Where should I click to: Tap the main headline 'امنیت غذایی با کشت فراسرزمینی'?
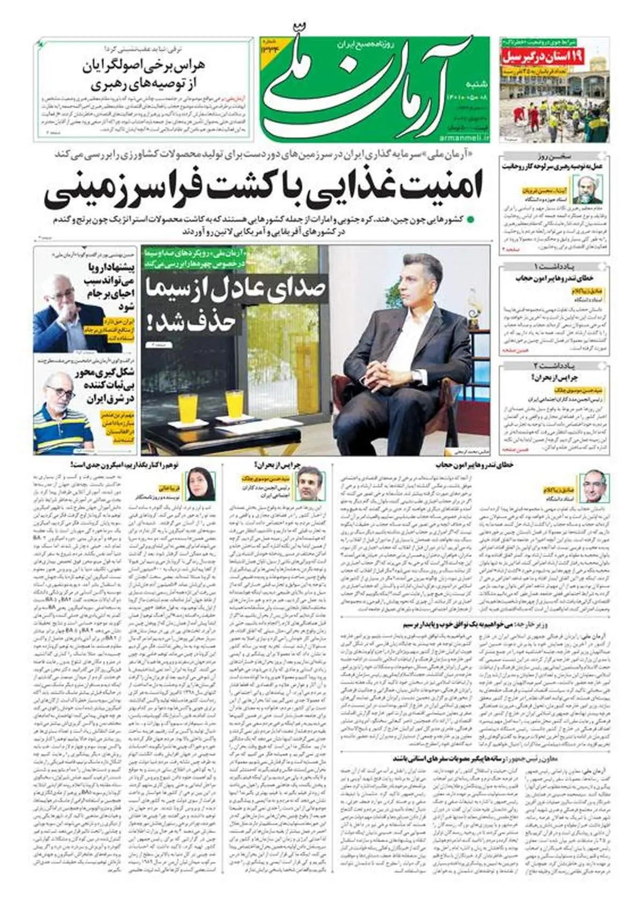(x=263, y=191)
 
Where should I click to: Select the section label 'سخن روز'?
(x=554, y=156)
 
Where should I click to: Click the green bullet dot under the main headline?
(x=470, y=219)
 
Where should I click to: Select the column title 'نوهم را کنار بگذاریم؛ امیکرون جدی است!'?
(x=126, y=465)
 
